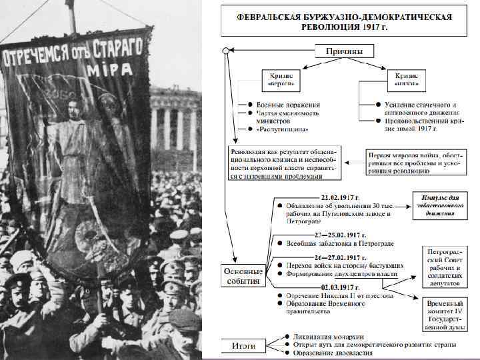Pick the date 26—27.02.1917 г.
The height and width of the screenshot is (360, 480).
339,257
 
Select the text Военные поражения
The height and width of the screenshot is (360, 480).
289,105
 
